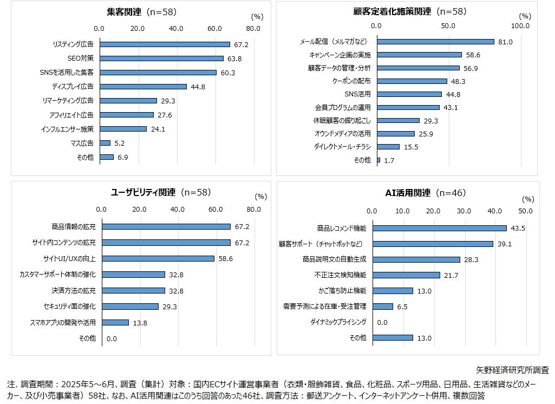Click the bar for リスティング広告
[x=165, y=44]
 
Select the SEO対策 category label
[x=81, y=58]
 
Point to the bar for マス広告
[x=105, y=143]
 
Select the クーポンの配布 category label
[x=351, y=81]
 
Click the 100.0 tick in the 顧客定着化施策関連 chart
[x=520, y=25]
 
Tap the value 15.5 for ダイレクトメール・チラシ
[x=411, y=147]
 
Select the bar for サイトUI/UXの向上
[x=158, y=258]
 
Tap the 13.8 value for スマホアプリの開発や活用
[x=140, y=323]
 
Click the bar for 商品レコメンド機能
[x=440, y=229]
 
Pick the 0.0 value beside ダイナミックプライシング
[x=382, y=322]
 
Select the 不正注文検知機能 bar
[x=406, y=275]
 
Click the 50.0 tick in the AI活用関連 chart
[x=525, y=211]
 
